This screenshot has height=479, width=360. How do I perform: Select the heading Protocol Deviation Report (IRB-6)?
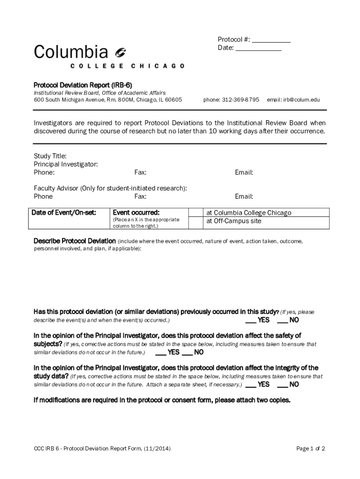[83, 85]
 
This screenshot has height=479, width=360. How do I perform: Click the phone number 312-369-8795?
[240, 100]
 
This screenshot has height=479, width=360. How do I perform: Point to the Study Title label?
[50, 156]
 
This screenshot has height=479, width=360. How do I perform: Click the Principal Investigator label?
[65, 164]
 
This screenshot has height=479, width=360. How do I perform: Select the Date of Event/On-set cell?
[64, 213]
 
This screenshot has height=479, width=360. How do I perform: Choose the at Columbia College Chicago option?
[249, 213]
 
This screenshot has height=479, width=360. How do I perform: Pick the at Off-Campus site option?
[234, 221]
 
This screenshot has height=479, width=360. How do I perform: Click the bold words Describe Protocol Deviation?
[74, 241]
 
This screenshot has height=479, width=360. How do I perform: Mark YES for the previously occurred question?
[251, 320]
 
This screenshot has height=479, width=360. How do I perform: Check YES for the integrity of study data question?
[251, 385]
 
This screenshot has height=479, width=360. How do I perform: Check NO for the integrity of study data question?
[283, 385]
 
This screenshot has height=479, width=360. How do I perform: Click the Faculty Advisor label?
[56, 188]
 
